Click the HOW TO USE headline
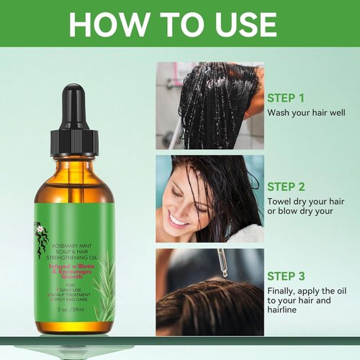point(180,24)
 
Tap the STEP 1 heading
point(287,98)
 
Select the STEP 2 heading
point(287,185)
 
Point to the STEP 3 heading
point(287,276)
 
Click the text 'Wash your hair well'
point(305,113)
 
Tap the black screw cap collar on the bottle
point(74,140)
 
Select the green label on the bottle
point(74,252)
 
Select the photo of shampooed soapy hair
point(209,104)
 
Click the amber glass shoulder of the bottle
point(74,173)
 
